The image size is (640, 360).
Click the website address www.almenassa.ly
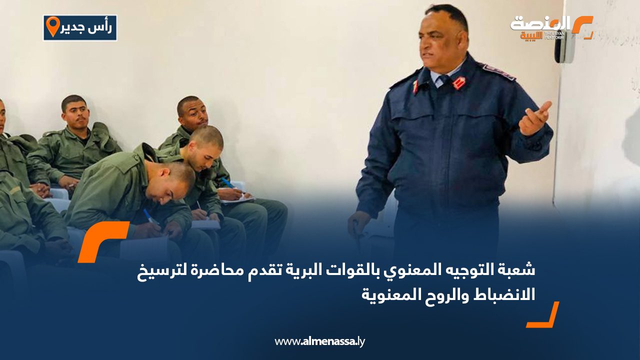tap(319, 342)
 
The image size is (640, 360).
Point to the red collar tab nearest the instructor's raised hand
tap(458, 82)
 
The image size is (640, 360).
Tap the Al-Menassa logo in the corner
tap(550, 27)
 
